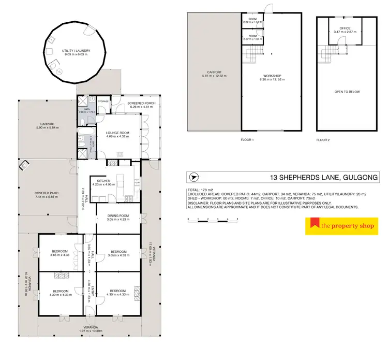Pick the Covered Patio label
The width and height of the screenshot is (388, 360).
(47, 194)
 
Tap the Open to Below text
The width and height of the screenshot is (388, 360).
(347, 92)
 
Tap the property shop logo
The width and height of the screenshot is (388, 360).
(341, 226)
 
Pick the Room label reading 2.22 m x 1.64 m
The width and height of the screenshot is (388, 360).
(252, 37)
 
